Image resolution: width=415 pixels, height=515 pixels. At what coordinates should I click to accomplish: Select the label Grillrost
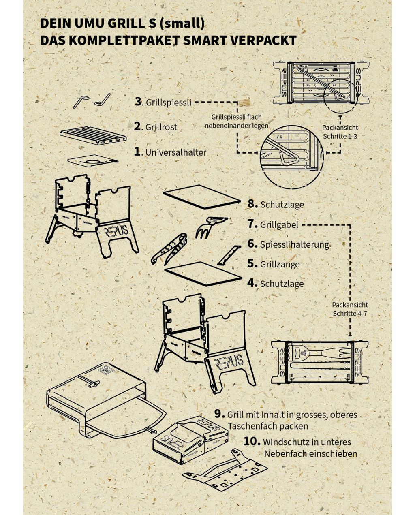161,127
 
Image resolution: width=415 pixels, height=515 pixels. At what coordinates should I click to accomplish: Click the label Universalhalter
175,152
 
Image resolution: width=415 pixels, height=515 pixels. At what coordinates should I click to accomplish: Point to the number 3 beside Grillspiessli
138,101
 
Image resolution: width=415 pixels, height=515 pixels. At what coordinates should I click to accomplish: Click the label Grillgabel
279,224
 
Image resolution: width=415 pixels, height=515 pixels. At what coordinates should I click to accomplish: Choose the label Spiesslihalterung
294,244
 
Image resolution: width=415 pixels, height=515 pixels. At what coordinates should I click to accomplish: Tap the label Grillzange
280,264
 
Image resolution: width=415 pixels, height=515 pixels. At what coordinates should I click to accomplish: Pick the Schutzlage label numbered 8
282,205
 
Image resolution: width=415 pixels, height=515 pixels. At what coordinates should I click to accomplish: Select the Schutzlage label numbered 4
282,284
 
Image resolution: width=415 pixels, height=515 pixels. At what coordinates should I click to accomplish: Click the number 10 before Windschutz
252,441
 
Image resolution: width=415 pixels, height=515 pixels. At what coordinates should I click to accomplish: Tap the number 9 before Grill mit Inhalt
219,414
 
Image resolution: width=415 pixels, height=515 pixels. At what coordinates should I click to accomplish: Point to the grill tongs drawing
169,248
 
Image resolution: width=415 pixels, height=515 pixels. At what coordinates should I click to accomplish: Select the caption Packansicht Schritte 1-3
340,132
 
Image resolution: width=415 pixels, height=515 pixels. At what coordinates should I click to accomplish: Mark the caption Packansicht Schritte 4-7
350,309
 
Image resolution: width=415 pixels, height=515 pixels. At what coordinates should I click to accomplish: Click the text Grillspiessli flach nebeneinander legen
236,121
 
